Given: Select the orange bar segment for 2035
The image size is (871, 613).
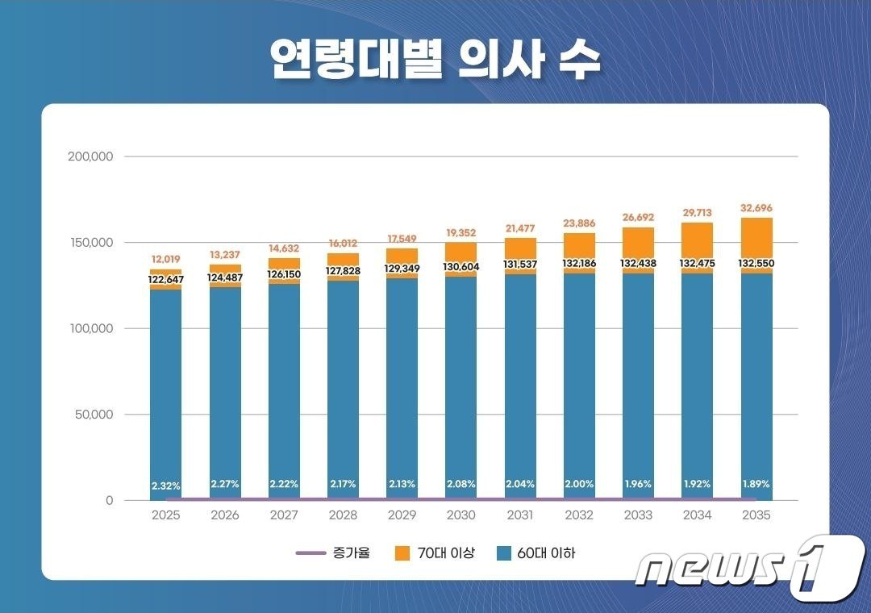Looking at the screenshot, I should coord(756,237).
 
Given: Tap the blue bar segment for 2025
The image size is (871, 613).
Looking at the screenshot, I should coord(165,387).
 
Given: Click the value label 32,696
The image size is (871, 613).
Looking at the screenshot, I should coord(756,208).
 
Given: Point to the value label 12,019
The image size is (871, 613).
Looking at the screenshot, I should coord(165,260).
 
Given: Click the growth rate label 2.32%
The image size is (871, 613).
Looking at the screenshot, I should coord(165,486).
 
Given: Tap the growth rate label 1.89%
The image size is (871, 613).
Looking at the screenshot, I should coord(756,484).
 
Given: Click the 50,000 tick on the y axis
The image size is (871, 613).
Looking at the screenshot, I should coord(90,415).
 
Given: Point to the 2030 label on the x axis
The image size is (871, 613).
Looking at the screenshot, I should coord(461,515).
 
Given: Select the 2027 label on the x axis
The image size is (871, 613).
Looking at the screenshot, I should coord(284,515).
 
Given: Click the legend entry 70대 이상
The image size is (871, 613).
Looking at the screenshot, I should coord(435,553).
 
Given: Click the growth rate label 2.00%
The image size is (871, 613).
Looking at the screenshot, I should coord(579,484).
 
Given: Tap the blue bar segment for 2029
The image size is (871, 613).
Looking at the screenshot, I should coord(402,387).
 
